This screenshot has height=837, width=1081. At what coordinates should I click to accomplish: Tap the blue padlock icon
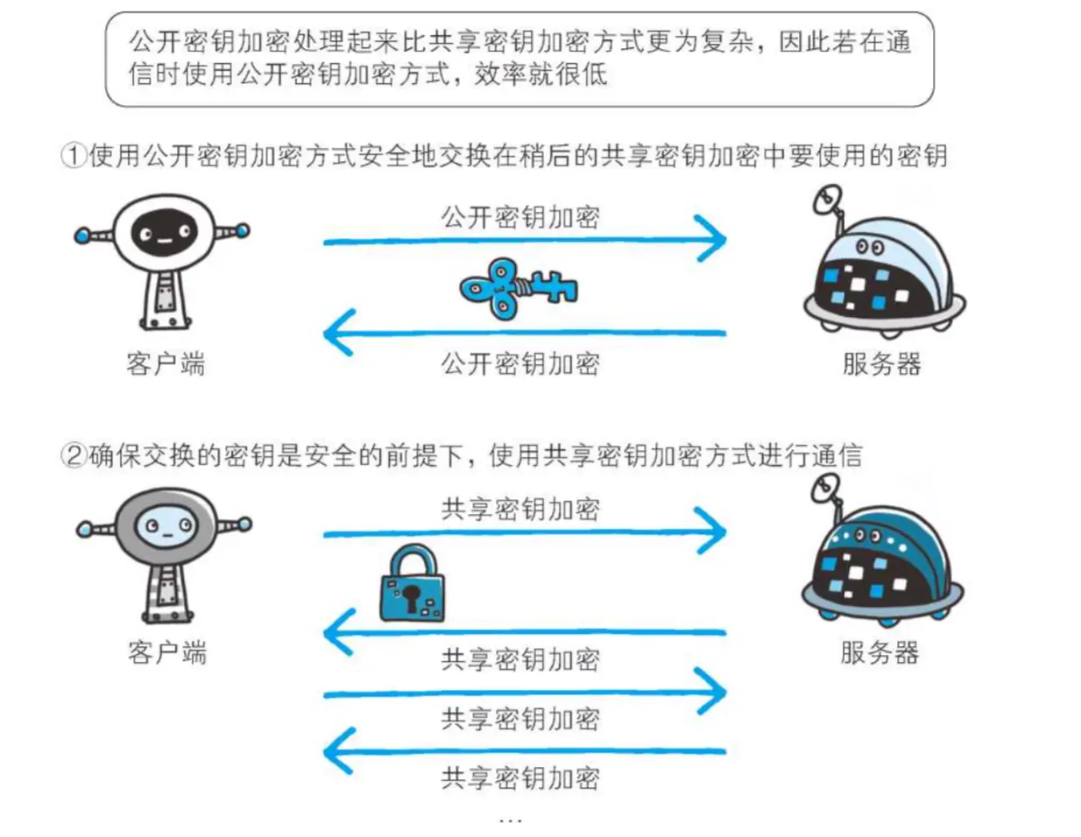[x=412, y=585]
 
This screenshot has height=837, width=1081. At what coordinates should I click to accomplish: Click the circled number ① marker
[x=73, y=157]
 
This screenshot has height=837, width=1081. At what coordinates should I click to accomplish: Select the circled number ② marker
[x=73, y=455]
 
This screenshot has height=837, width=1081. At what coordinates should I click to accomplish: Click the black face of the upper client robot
[x=164, y=233]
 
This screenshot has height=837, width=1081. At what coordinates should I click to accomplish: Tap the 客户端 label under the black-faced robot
[x=166, y=363]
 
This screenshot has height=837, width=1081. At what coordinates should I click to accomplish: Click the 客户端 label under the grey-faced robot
[x=166, y=652]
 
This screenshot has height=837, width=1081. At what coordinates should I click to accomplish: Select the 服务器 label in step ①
[x=881, y=363]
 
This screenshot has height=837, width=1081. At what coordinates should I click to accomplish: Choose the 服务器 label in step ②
[x=879, y=652]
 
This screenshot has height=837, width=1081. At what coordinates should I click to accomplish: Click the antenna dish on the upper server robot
[x=827, y=200]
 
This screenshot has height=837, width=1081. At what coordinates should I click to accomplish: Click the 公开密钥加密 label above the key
[x=520, y=217]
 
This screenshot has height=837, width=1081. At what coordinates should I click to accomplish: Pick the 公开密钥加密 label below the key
[x=520, y=363]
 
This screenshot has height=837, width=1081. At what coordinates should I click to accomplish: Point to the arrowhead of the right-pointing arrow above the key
[x=713, y=240]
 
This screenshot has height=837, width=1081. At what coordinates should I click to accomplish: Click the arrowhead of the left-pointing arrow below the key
[x=338, y=333]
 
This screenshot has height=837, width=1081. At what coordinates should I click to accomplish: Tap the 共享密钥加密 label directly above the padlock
[x=520, y=509]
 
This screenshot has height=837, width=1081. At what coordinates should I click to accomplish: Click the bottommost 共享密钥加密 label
[x=520, y=777]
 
